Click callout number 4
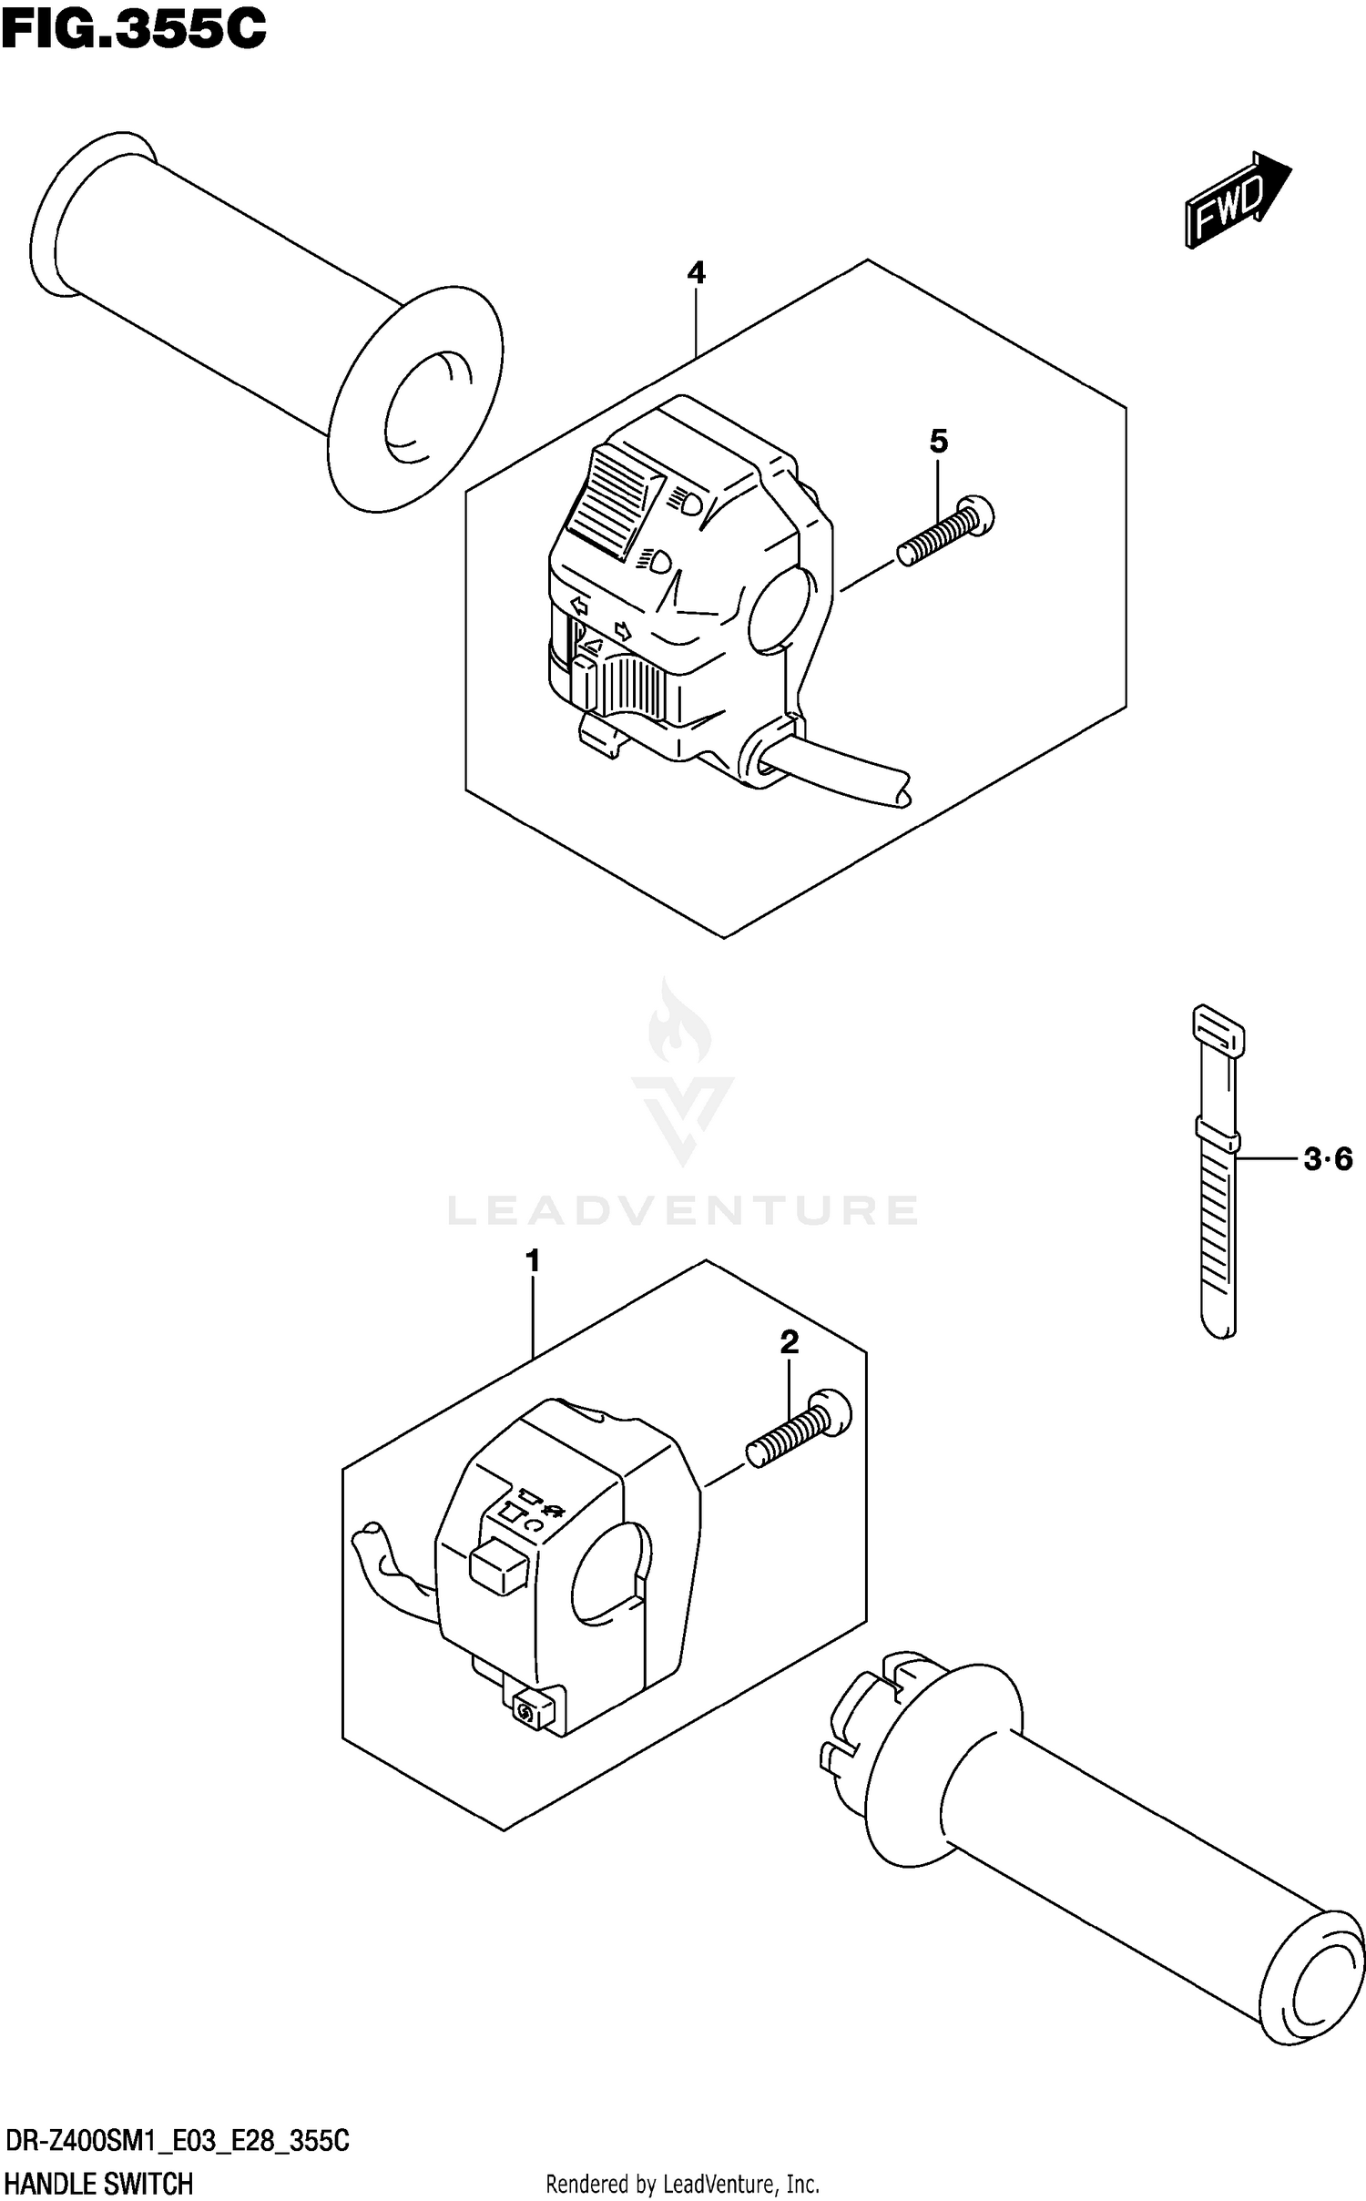click(696, 272)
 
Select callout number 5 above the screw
click(939, 442)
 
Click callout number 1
click(533, 1261)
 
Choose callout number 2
click(789, 1341)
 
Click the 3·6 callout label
click(1328, 1159)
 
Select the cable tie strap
click(1218, 1175)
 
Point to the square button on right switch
click(497, 1565)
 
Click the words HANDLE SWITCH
click(98, 2183)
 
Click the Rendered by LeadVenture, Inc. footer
click(682, 2184)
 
